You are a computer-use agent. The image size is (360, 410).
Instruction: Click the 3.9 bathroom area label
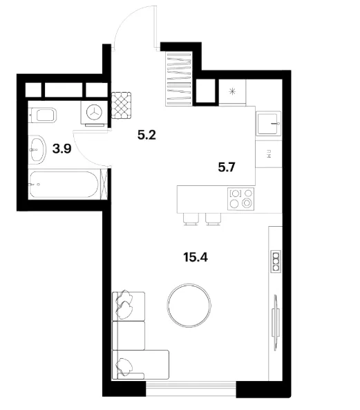coord(62,149)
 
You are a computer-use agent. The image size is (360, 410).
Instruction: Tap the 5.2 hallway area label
coord(146,135)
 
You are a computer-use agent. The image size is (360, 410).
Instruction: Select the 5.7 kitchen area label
coord(227,167)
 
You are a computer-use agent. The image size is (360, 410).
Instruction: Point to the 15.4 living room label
coord(196,257)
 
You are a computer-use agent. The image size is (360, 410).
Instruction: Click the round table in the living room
coord(189,306)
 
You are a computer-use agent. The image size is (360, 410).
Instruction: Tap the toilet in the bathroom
coord(43,115)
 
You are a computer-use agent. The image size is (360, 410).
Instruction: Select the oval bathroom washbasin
coord(37,149)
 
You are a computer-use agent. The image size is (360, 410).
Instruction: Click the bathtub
coord(64,184)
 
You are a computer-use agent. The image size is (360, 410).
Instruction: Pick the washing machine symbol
coord(94,113)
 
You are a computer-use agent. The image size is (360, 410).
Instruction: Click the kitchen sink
coord(268,123)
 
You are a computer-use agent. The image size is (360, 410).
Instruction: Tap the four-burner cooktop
coord(240,198)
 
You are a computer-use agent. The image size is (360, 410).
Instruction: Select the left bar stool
coord(191,219)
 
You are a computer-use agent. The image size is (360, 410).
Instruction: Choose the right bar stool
coord(214,219)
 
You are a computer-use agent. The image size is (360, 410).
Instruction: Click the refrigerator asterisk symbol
coord(232,92)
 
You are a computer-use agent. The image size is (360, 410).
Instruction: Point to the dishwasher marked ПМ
coord(268,154)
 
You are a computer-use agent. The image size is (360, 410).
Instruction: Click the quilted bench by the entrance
coord(121,105)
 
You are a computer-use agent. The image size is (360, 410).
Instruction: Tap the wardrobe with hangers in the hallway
coord(179,78)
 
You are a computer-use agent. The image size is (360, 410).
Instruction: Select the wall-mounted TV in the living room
coord(275,323)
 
